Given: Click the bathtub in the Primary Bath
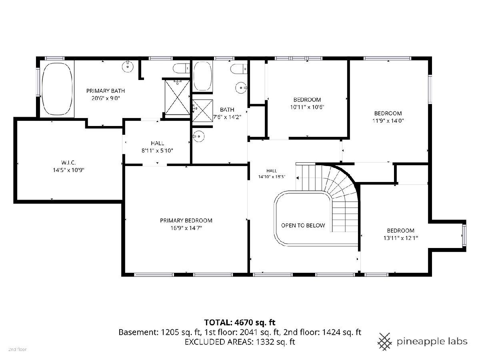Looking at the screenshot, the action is [x=57, y=89].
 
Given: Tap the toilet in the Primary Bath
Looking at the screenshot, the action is [x=181, y=68].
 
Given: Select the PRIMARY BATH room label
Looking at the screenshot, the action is [x=106, y=91].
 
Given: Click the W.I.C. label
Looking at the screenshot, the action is [x=68, y=162].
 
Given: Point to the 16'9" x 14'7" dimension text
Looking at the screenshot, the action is [x=186, y=228].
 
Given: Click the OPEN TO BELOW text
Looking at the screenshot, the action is [x=303, y=225].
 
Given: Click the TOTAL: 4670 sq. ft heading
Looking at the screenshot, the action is [x=240, y=322].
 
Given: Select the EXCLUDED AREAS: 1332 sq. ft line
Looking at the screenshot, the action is [x=240, y=342].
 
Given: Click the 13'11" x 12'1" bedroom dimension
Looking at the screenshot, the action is [x=401, y=238].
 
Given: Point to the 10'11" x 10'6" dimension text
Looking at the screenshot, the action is [x=307, y=107].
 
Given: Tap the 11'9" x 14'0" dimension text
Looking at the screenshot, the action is [x=388, y=121].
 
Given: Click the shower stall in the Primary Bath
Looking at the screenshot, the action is [x=177, y=97].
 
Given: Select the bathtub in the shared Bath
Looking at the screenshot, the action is [x=203, y=76].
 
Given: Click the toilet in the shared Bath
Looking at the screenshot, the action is [x=239, y=69].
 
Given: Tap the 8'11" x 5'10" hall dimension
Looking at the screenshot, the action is [x=157, y=151].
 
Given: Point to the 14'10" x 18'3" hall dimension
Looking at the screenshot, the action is [x=272, y=177].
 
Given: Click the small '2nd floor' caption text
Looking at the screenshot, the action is [x=18, y=350].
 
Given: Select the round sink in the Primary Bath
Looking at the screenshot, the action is [x=128, y=66].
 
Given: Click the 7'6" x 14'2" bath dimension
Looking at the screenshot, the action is [x=227, y=117].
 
